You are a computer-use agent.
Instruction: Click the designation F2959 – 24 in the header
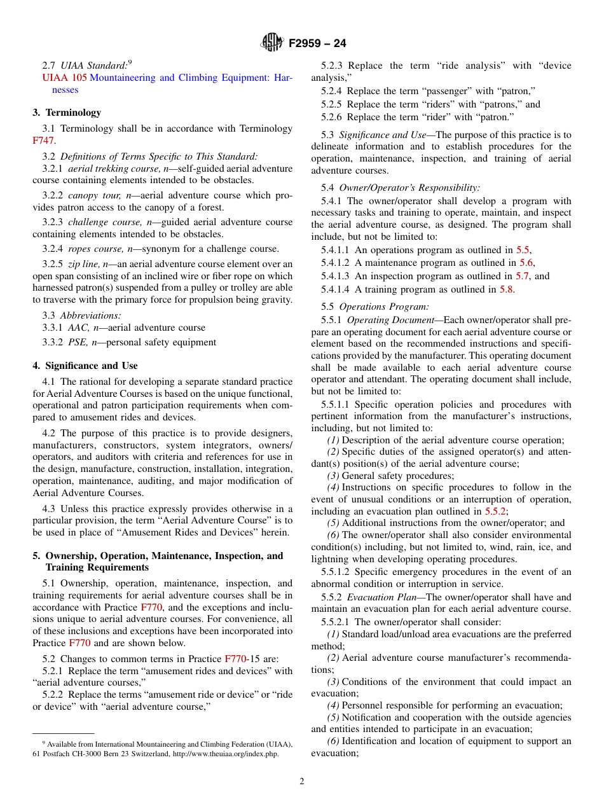point(317,44)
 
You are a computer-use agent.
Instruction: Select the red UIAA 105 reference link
point(64,78)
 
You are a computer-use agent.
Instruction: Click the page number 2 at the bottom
point(302,782)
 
